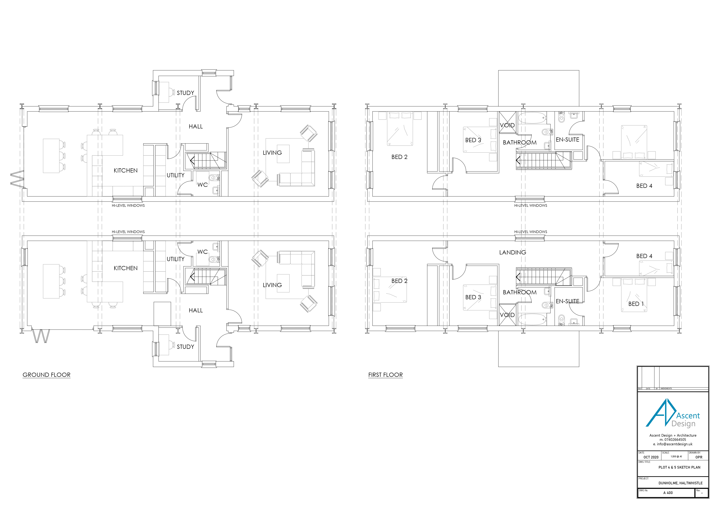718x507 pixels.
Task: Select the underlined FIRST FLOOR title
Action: [x=385, y=375]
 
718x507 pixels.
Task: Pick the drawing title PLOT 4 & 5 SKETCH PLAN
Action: [x=679, y=467]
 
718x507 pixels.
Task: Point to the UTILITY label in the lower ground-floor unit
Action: [x=175, y=259]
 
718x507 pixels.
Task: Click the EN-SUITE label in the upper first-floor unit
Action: [x=567, y=140]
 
